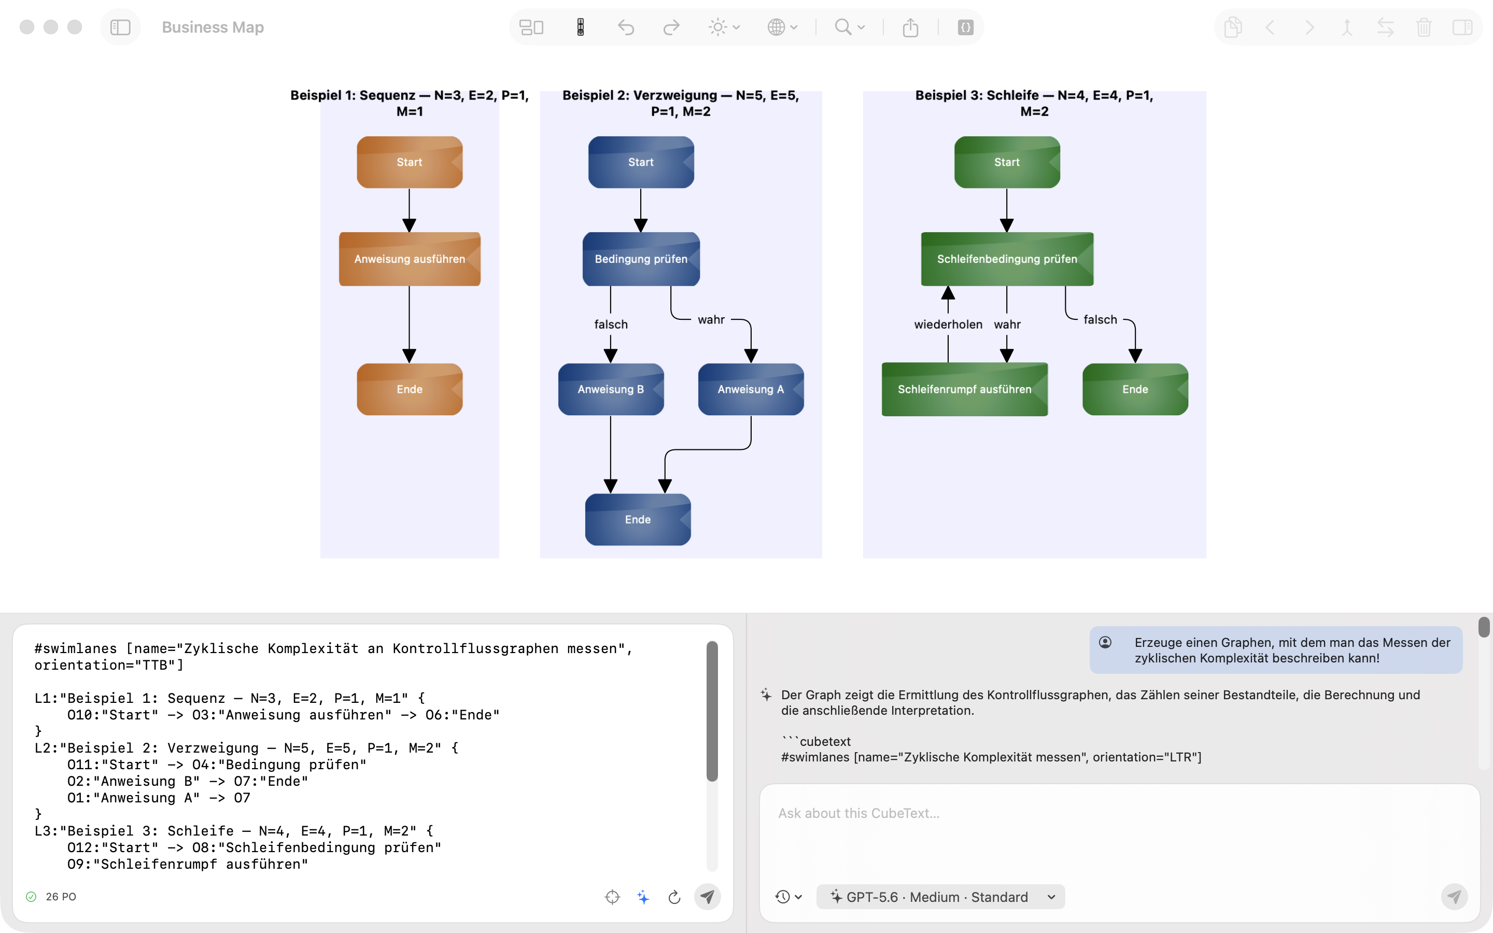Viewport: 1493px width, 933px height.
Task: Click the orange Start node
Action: click(x=410, y=162)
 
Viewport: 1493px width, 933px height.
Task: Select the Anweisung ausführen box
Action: click(x=410, y=259)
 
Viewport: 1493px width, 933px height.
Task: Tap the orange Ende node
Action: click(x=410, y=389)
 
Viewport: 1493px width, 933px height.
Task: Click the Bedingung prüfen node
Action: click(x=641, y=259)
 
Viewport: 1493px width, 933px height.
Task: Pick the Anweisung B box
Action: click(x=611, y=389)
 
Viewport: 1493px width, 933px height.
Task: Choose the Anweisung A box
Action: click(x=751, y=389)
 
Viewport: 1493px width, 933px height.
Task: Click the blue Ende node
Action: click(x=638, y=519)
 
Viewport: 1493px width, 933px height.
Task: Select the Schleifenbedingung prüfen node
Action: click(x=1007, y=259)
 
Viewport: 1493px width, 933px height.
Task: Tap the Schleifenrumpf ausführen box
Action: click(x=964, y=389)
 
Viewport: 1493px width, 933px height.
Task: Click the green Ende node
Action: click(x=1135, y=389)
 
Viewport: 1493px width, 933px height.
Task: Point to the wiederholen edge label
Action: click(x=948, y=324)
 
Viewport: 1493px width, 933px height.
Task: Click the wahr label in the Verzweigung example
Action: click(x=711, y=320)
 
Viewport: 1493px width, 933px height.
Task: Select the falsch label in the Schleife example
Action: click(x=1100, y=320)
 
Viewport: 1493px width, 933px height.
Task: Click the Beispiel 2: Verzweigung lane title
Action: click(x=681, y=103)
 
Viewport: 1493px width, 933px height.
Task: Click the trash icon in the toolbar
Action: click(x=1424, y=27)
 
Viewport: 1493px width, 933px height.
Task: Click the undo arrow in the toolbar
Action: click(x=626, y=27)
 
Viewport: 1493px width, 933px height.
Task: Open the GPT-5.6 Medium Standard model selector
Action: click(x=940, y=897)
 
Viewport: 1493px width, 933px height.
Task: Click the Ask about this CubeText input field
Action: click(x=1119, y=833)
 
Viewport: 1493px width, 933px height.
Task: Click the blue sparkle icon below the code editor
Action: click(x=643, y=897)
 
